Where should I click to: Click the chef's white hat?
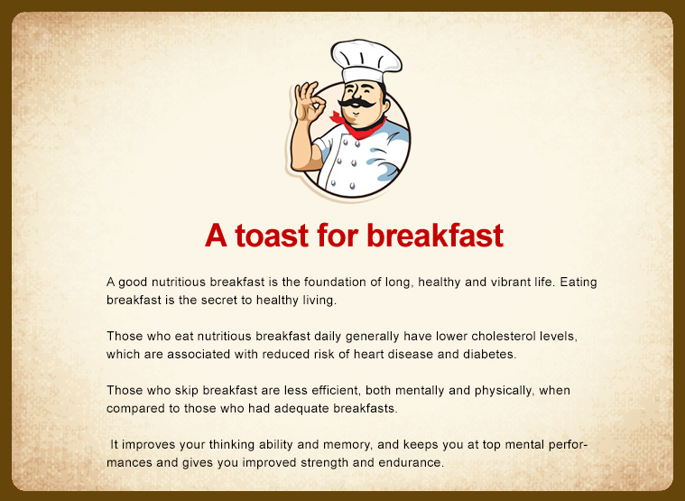(366, 60)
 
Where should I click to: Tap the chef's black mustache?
(356, 104)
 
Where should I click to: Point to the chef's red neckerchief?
(358, 126)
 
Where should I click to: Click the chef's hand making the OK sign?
(310, 102)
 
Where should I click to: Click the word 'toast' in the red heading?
(273, 236)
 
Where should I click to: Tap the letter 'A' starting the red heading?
(216, 236)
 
